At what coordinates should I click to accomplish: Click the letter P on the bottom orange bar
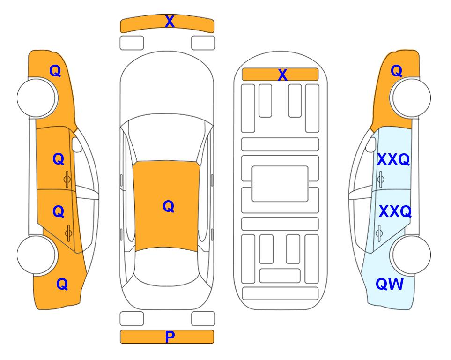[x=170, y=337]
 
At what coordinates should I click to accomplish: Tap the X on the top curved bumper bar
[x=170, y=22]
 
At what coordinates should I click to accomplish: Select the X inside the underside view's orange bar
[x=282, y=75]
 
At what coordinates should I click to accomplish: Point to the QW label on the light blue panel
[x=390, y=284]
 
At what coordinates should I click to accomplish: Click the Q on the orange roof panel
[x=168, y=206]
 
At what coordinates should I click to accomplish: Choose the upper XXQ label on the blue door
[x=393, y=159]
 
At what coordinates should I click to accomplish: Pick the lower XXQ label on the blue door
[x=395, y=212]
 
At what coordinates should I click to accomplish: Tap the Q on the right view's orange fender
[x=396, y=71]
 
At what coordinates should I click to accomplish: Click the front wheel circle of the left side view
[x=37, y=98]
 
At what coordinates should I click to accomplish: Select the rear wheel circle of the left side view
[x=37, y=255]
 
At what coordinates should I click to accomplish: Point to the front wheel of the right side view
[x=411, y=98]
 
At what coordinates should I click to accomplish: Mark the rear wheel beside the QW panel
[x=411, y=255]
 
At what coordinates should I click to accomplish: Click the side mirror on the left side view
[x=76, y=144]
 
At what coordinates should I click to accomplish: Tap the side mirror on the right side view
[x=371, y=144]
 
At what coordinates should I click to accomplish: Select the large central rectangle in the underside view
[x=280, y=184]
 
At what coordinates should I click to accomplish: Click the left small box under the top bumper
[x=132, y=43]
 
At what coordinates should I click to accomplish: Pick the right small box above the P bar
[x=203, y=319]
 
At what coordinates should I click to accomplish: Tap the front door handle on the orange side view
[x=67, y=180]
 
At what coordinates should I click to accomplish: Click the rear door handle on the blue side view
[x=379, y=233]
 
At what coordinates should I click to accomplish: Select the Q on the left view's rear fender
[x=62, y=284]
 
